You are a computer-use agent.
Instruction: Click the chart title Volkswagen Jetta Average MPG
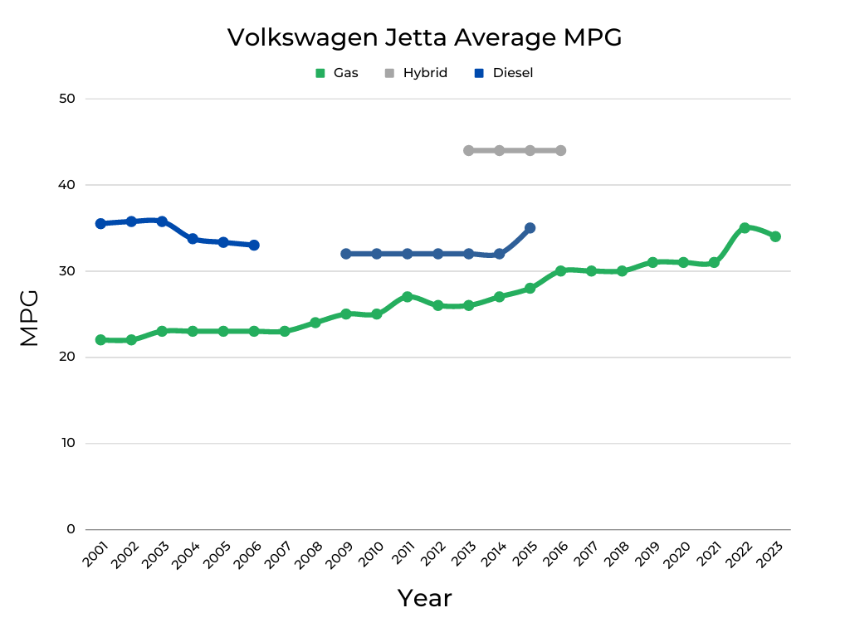tap(424, 37)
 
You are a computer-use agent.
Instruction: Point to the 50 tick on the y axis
tap(66, 99)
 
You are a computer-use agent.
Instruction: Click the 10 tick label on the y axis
tap(66, 443)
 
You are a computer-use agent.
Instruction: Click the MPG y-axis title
tap(29, 318)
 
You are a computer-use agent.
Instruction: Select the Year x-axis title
tap(424, 598)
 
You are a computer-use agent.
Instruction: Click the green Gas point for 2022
tap(745, 228)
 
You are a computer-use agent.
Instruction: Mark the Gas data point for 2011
tap(407, 297)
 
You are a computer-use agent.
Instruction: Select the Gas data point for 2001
tap(100, 340)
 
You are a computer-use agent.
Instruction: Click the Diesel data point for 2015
tap(530, 228)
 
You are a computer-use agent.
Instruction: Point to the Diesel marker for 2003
tap(162, 221)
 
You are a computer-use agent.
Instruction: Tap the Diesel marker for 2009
tap(345, 254)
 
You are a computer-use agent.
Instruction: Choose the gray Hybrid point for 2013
tap(468, 151)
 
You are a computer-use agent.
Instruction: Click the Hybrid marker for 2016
tap(560, 151)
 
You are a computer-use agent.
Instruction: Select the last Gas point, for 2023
tap(775, 236)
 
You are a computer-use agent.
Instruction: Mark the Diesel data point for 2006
tap(254, 246)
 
